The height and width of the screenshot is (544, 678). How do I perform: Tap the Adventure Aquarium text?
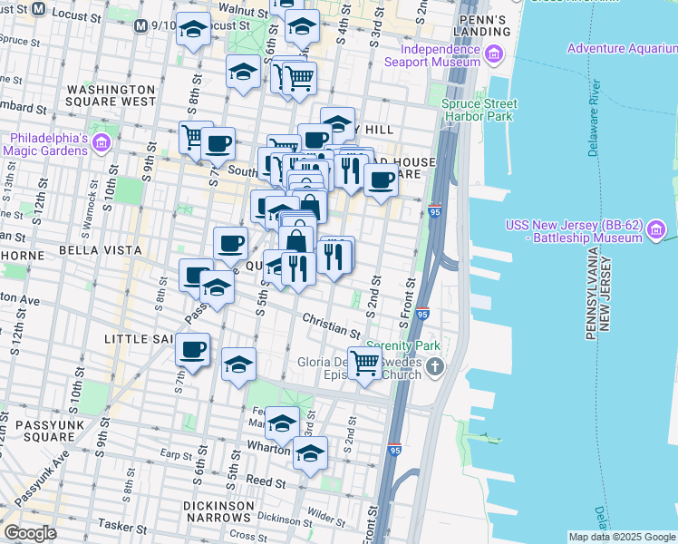tap(621, 48)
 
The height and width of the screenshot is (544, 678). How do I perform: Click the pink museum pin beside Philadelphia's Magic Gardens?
tap(101, 143)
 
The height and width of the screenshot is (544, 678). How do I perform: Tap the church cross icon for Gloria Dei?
tap(436, 368)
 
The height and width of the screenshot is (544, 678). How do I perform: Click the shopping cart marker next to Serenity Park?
tap(364, 364)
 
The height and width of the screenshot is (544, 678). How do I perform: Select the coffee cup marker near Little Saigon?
tap(191, 350)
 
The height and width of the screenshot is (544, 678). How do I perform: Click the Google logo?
tap(30, 533)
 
